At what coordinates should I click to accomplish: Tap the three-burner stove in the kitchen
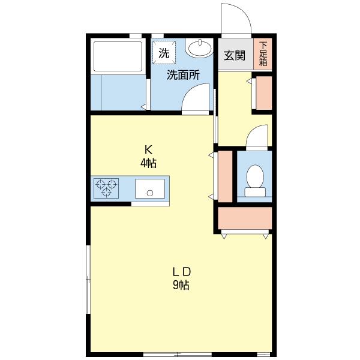point(106,188)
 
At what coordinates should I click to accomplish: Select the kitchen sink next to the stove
point(151,188)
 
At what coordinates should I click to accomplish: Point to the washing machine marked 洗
point(164,52)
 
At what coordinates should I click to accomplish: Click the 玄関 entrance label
point(234,56)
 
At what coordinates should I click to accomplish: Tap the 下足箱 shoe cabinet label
point(263,55)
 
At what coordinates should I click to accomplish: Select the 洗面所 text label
point(182,76)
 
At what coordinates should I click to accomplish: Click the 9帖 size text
point(181,286)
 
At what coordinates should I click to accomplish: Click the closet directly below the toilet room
point(245,220)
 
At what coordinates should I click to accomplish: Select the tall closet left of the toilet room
point(225,176)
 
